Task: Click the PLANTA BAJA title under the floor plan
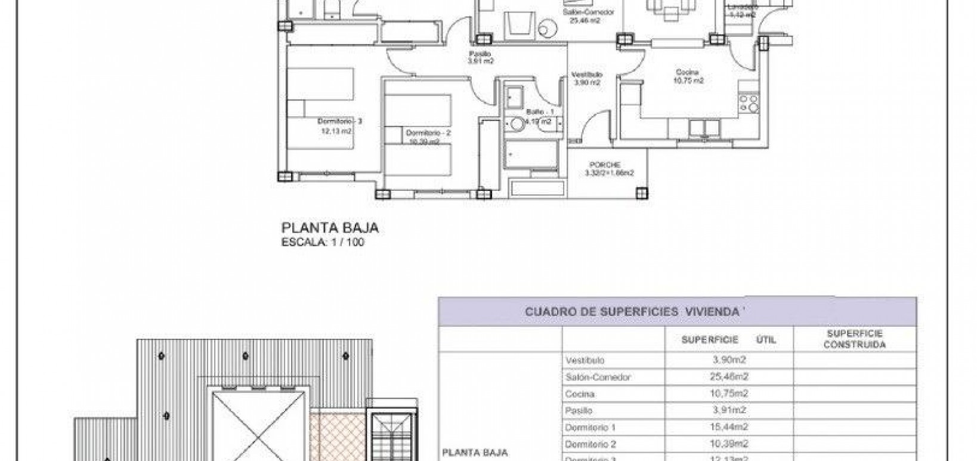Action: tap(329, 228)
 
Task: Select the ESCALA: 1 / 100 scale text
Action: tap(322, 242)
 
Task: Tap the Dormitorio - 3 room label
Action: tap(340, 121)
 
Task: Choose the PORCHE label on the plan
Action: tap(605, 165)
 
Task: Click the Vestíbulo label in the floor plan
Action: tap(587, 75)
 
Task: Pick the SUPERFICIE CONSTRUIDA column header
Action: tap(854, 339)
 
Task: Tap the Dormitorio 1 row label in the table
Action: tap(590, 428)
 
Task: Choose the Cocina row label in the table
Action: tap(579, 394)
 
